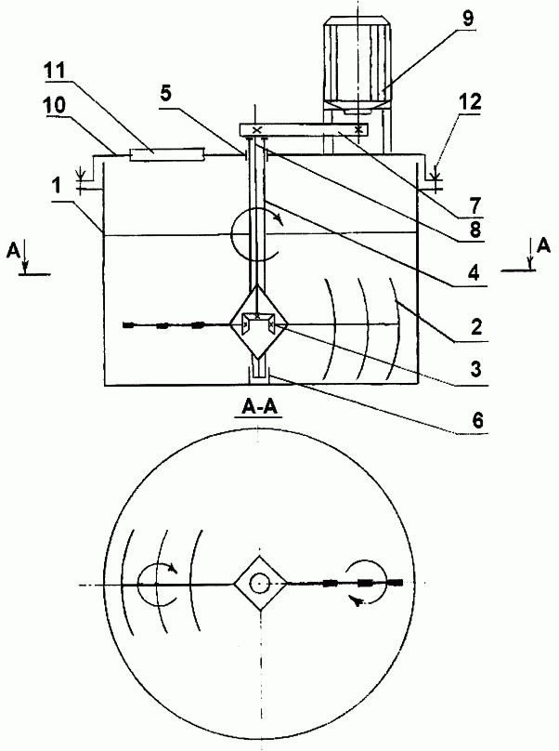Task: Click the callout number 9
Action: click(x=467, y=19)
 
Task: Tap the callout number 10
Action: click(x=55, y=105)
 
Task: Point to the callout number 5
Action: click(x=165, y=93)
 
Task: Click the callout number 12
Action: click(x=470, y=102)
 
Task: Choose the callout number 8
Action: click(x=474, y=230)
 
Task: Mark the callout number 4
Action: click(x=474, y=273)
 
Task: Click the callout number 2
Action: click(x=475, y=327)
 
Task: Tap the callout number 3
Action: click(x=475, y=370)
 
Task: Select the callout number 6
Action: click(x=477, y=420)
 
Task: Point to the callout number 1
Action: click(x=58, y=185)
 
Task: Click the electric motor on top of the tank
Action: click(x=357, y=65)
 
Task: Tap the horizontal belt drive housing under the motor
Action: click(x=304, y=129)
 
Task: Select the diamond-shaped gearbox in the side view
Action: click(x=258, y=322)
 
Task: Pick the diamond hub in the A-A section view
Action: click(x=260, y=583)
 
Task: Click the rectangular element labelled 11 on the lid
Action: click(x=167, y=153)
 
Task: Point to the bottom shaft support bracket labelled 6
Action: click(x=258, y=375)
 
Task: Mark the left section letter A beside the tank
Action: click(x=13, y=250)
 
